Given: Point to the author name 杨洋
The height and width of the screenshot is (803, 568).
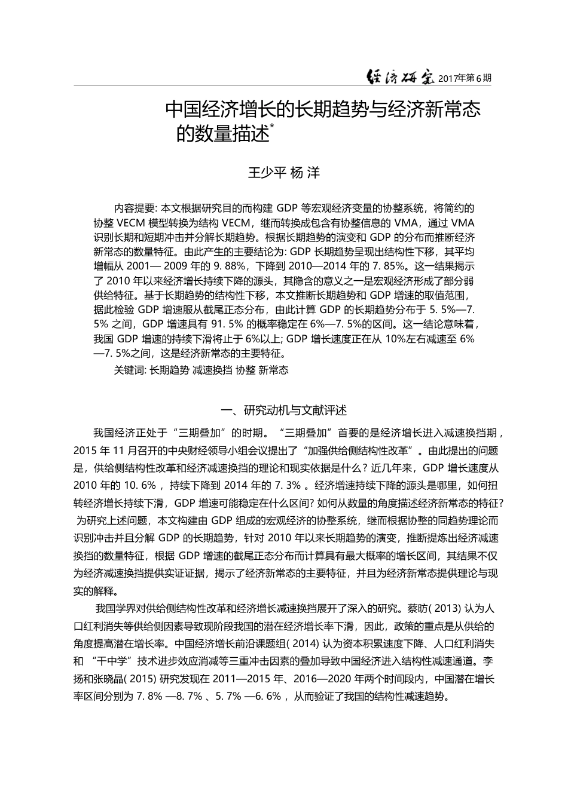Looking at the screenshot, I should pyautogui.click(x=305, y=173).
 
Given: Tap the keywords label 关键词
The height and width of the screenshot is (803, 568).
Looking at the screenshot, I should pyautogui.click(x=129, y=370).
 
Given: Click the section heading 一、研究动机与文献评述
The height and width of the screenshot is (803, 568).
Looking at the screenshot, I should pyautogui.click(x=283, y=410).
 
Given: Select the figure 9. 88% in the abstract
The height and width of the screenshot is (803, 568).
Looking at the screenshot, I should pyautogui.click(x=227, y=266).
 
